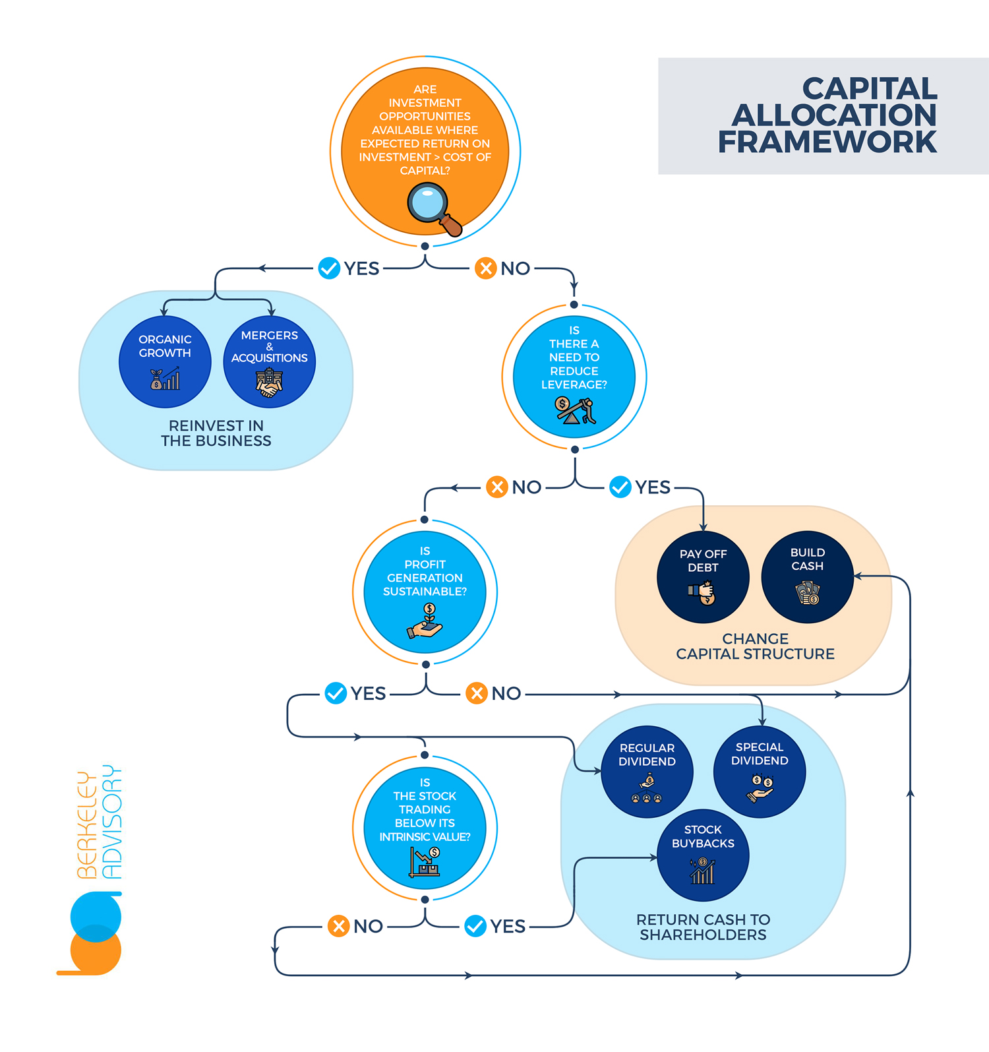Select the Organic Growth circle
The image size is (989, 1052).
(x=165, y=361)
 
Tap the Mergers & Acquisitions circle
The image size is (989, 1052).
(x=269, y=361)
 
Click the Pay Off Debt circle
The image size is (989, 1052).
(x=703, y=576)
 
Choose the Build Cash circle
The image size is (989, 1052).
(x=807, y=576)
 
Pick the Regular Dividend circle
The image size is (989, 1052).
(x=647, y=771)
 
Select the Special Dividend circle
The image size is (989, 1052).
(x=759, y=771)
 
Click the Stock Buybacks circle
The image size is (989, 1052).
(x=703, y=855)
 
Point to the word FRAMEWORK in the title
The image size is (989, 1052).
(x=827, y=142)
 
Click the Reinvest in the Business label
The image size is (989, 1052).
(x=216, y=433)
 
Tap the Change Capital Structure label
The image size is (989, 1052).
(x=755, y=646)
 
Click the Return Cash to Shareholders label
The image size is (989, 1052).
(x=703, y=927)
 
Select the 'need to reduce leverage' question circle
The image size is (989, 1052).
(x=574, y=377)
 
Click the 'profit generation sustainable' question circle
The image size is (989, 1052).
(x=425, y=592)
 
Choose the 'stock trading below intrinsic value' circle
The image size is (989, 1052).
(x=425, y=827)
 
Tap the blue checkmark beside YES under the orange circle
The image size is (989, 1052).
(x=329, y=268)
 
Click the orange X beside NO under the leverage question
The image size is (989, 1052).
(x=496, y=487)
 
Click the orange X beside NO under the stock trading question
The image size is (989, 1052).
(x=338, y=926)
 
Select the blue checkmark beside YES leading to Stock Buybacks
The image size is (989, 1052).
(x=475, y=926)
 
